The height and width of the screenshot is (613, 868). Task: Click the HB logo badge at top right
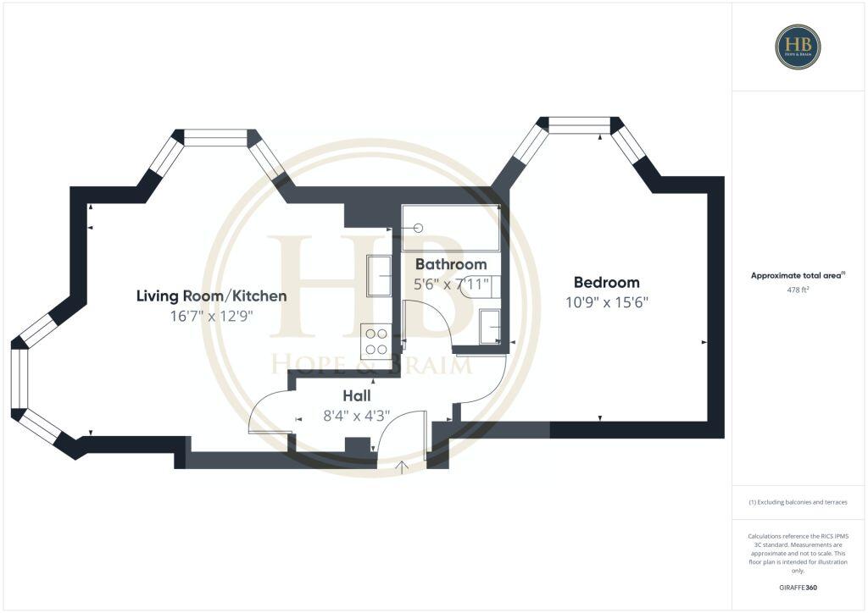pyautogui.click(x=798, y=47)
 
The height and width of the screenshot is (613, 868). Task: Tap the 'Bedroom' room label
pyautogui.click(x=606, y=282)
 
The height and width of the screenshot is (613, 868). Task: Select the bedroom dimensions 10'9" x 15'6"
pyautogui.click(x=606, y=302)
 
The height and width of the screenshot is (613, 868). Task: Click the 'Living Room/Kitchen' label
pyautogui.click(x=211, y=295)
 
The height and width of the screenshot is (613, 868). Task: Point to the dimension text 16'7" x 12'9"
pyautogui.click(x=211, y=316)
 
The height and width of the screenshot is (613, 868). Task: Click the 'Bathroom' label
pyautogui.click(x=450, y=264)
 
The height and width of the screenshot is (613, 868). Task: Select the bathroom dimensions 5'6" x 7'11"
pyautogui.click(x=450, y=284)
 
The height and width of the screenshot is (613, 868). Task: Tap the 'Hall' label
pyautogui.click(x=356, y=395)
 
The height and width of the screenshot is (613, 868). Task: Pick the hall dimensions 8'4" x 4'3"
pyautogui.click(x=356, y=416)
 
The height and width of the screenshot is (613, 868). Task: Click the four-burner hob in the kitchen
pyautogui.click(x=376, y=340)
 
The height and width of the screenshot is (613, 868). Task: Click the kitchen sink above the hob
pyautogui.click(x=378, y=276)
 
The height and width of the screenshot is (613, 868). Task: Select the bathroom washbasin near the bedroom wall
pyautogui.click(x=490, y=327)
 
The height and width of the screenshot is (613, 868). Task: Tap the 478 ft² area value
pyautogui.click(x=798, y=290)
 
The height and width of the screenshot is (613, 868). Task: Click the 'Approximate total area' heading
pyautogui.click(x=798, y=275)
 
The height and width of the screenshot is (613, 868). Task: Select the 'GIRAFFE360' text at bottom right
pyautogui.click(x=798, y=587)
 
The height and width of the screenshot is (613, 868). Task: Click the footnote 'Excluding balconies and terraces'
pyautogui.click(x=798, y=502)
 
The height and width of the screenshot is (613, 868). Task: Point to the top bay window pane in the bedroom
pyautogui.click(x=579, y=125)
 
